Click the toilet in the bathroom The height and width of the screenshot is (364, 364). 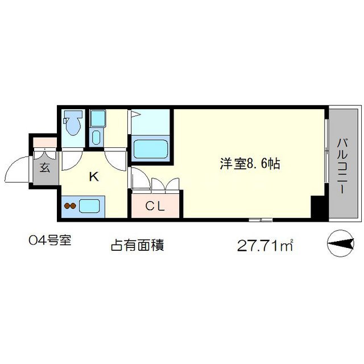point(73,123)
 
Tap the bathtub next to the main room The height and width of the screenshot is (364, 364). point(151,149)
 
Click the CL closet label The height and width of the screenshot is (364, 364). point(155,206)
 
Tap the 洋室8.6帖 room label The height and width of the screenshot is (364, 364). point(250,164)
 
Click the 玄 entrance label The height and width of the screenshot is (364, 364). point(44,168)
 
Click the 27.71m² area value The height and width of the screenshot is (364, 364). point(264,246)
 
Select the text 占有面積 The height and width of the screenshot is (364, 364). point(136,246)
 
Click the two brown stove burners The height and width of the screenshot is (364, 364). point(70,206)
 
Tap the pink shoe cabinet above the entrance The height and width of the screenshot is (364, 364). point(44,142)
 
